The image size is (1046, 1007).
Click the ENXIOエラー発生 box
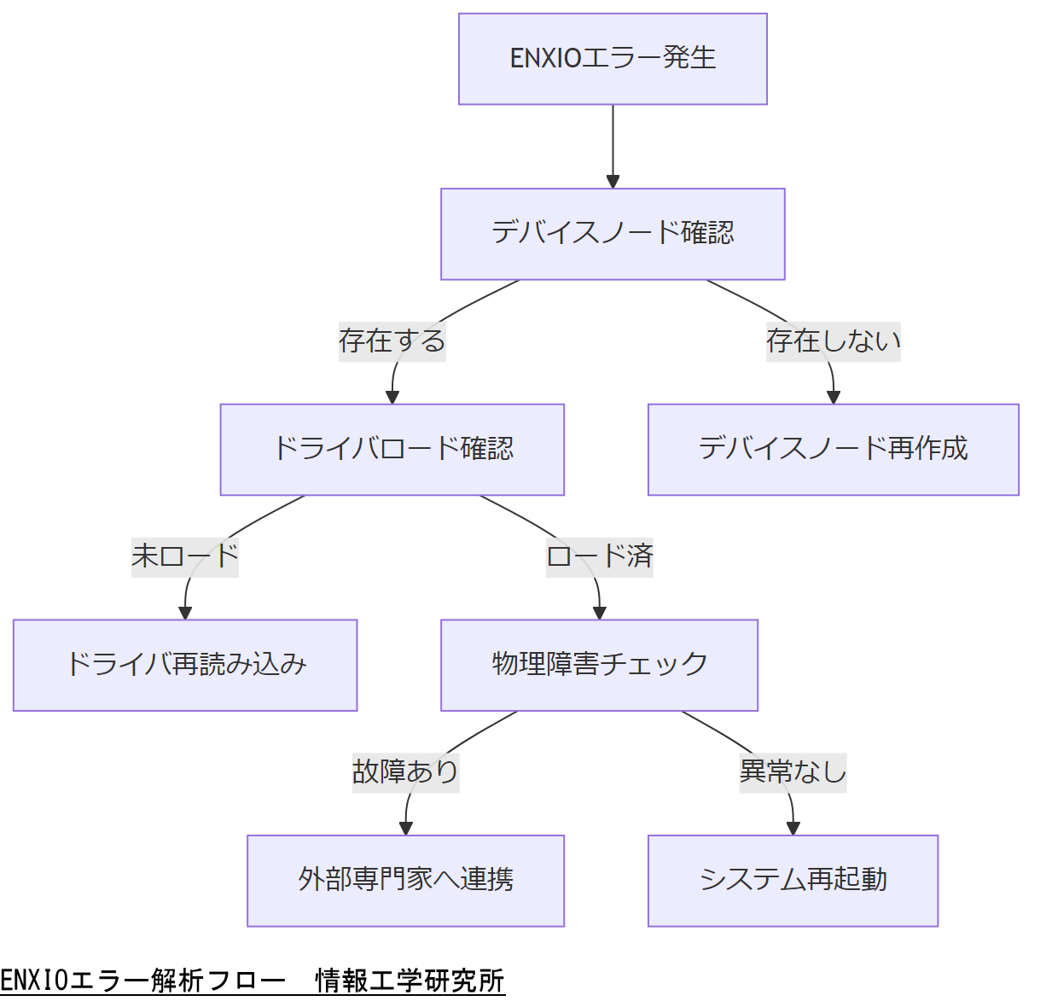[x=613, y=59]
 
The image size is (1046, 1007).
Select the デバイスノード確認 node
[x=613, y=234]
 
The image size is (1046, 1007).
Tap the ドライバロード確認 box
[x=392, y=450]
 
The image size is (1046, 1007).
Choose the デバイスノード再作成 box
[x=834, y=450]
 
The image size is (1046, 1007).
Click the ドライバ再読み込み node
[x=185, y=665]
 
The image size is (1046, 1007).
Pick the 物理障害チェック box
[x=599, y=665]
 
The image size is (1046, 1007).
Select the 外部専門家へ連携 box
[x=406, y=881]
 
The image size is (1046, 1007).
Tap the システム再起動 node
[x=793, y=881]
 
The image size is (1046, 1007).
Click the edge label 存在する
[x=392, y=341]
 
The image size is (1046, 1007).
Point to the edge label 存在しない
[x=834, y=341]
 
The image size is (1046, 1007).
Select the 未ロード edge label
[x=185, y=556]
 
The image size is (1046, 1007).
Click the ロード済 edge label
[x=599, y=556]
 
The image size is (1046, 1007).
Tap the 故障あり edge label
[x=406, y=772]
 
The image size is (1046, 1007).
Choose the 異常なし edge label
[x=793, y=772]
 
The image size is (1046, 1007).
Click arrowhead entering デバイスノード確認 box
[x=613, y=182]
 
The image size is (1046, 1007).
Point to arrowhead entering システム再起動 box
[x=793, y=829]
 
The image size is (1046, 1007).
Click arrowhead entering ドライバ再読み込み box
[x=185, y=613]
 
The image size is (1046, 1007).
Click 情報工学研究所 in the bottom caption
[x=410, y=981]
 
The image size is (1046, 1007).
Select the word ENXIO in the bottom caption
[x=33, y=981]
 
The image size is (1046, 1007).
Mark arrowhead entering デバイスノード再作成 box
[x=834, y=398]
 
